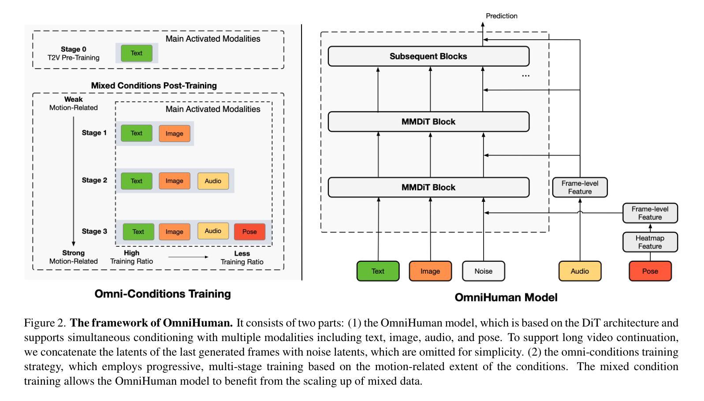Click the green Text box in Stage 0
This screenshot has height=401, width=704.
[136, 53]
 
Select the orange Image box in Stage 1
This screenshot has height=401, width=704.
[175, 133]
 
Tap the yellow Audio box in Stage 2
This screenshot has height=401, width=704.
[213, 181]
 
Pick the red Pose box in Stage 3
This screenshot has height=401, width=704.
[250, 232]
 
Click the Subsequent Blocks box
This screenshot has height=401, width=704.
[428, 56]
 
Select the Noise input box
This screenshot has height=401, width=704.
[484, 271]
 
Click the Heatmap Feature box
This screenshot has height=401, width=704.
[650, 242]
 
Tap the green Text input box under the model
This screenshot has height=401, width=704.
[378, 271]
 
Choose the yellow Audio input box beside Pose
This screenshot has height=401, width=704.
[580, 271]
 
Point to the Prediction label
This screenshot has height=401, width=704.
[502, 16]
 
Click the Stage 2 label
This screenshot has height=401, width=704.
[94, 180]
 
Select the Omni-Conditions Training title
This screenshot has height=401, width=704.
[163, 294]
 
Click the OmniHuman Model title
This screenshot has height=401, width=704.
[506, 297]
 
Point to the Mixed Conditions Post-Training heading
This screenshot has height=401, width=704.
[154, 85]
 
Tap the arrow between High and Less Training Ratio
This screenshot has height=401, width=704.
[188, 257]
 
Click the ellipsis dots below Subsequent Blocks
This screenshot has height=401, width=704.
[525, 76]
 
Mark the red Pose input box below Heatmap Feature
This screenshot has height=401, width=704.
[650, 271]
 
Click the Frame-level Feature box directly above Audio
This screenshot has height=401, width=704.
[580, 187]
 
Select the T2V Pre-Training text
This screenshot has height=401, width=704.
[74, 58]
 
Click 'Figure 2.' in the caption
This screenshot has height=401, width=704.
[45, 323]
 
